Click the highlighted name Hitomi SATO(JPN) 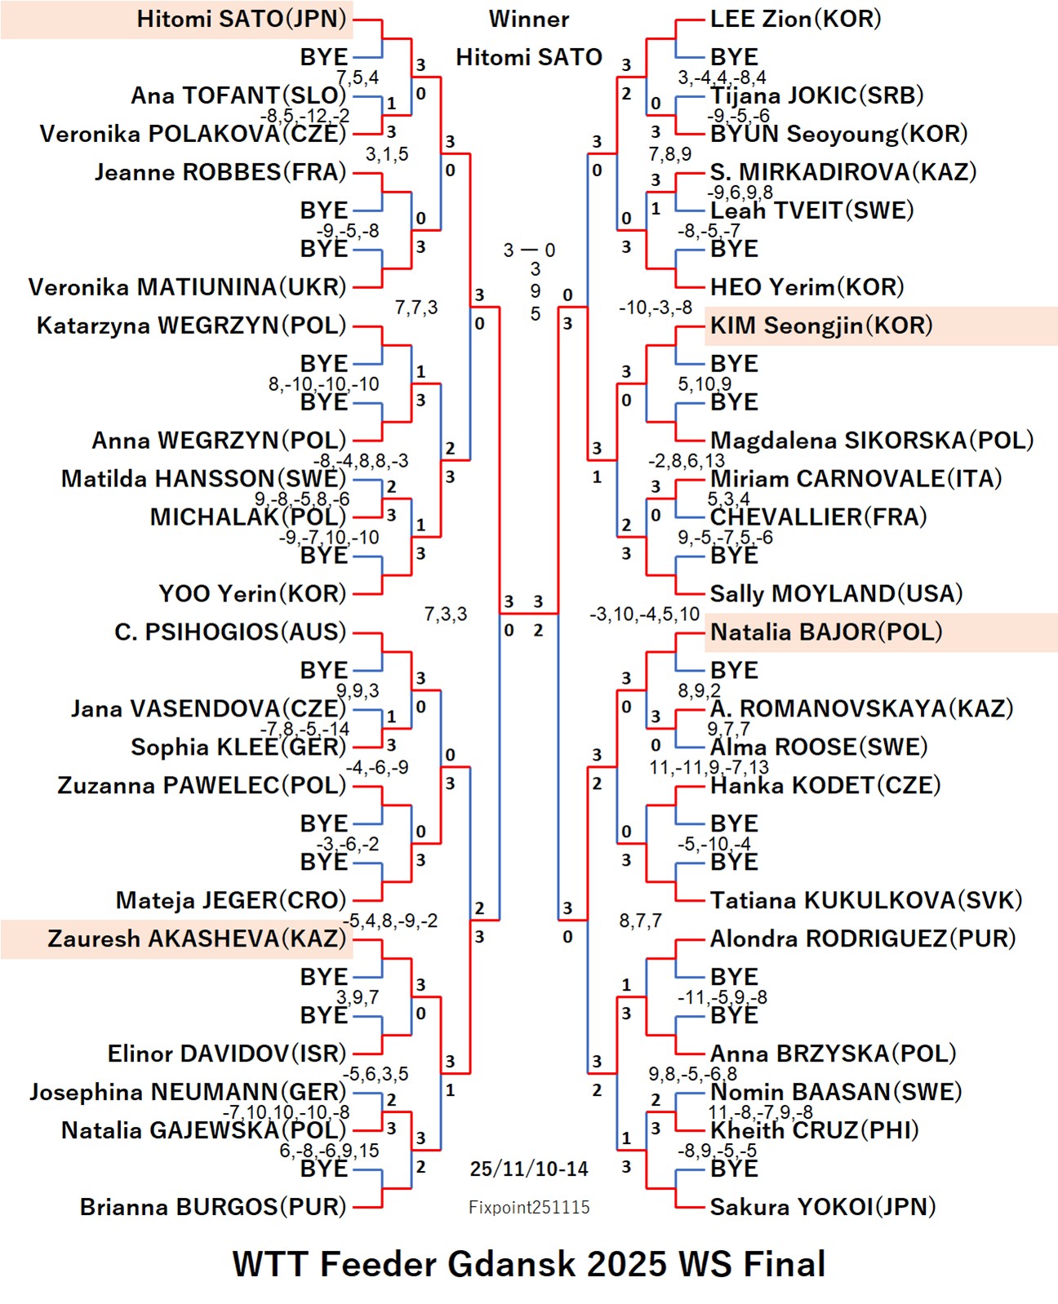point(242,19)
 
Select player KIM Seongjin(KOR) point(820,326)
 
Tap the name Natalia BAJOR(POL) point(825,632)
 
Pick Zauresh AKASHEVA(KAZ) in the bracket point(197,938)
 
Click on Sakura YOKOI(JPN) point(822,1206)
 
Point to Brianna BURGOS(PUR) point(213,1206)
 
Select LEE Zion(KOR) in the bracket point(795,19)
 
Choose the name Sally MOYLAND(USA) point(836,593)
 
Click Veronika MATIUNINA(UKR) point(188,287)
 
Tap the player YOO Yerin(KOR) point(252,593)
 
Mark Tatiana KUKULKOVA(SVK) point(865,900)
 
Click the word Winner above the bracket point(529,19)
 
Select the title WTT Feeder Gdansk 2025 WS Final point(529,1263)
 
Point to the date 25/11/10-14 point(529,1169)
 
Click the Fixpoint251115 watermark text point(529,1207)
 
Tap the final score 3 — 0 point(529,250)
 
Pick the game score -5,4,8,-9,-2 point(390,920)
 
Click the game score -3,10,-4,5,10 point(645,614)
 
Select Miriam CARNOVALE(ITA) point(856,478)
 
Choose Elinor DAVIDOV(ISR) point(227,1053)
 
